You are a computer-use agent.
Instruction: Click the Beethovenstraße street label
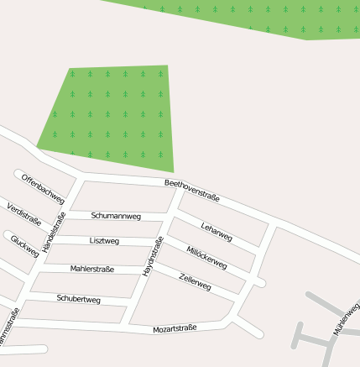(191, 191)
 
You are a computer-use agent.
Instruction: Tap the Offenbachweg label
(43, 189)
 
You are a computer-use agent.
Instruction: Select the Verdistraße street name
(23, 214)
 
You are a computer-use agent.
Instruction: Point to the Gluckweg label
(24, 246)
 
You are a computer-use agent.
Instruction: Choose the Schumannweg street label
(116, 216)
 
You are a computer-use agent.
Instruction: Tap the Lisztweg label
(104, 241)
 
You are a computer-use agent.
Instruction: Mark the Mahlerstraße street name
(92, 269)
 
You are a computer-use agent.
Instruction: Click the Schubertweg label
(78, 299)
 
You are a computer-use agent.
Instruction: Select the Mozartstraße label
(175, 328)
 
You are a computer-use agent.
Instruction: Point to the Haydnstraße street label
(152, 256)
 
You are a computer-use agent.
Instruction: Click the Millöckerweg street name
(206, 257)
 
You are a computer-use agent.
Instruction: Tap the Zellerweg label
(195, 282)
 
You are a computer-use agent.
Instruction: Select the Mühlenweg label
(347, 319)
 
